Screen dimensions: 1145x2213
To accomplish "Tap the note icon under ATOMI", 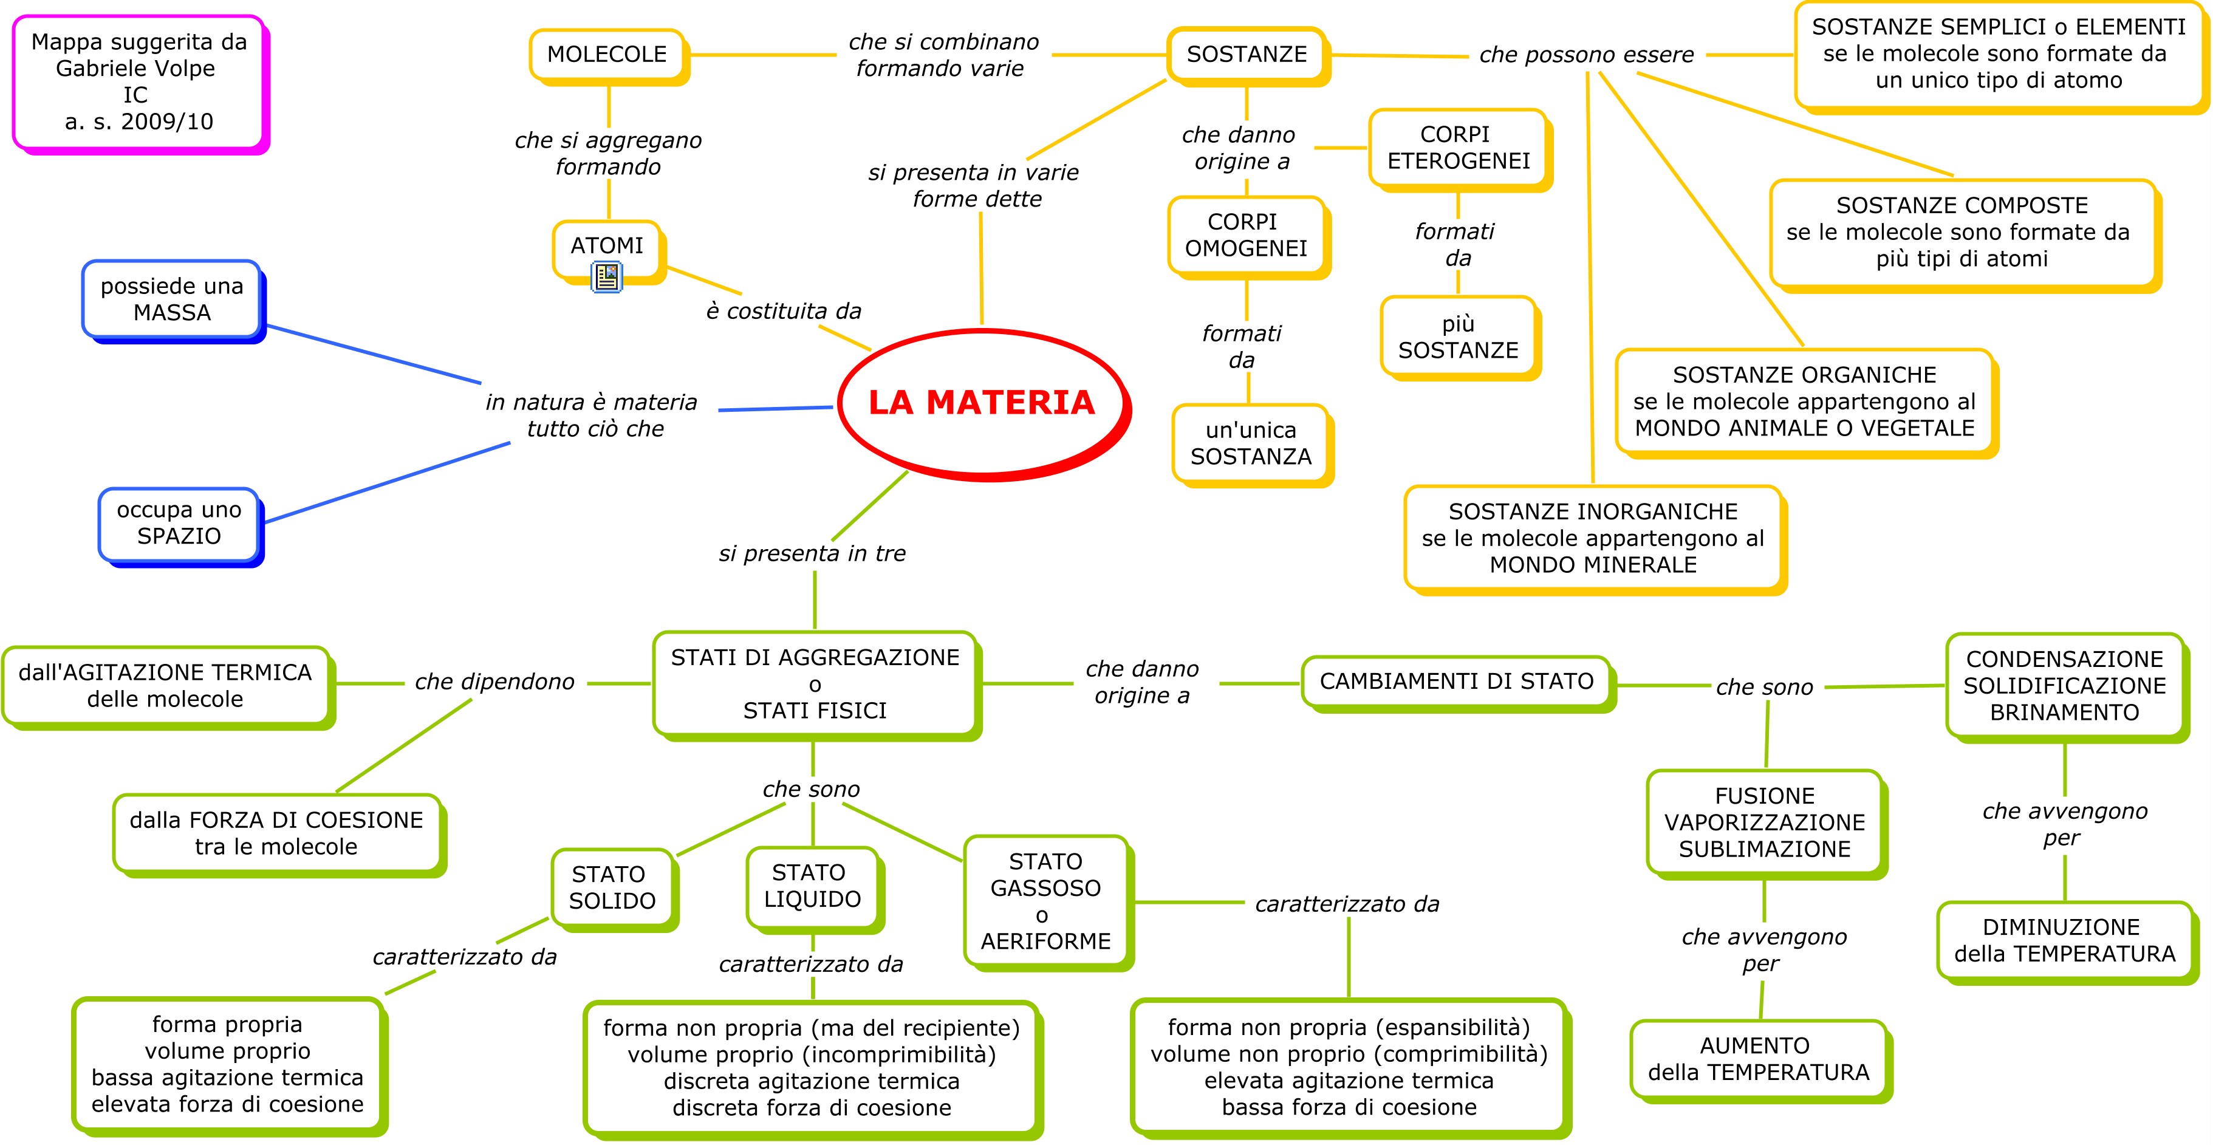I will click(606, 276).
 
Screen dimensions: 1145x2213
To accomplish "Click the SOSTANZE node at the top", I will click(1247, 54).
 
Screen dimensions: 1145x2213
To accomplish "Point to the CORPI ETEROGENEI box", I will click(1458, 148).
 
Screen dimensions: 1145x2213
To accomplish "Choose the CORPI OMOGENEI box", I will click(1246, 235).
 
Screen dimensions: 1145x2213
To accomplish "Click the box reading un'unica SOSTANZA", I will click(1251, 443).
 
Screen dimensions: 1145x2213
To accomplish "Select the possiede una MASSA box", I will click(172, 299).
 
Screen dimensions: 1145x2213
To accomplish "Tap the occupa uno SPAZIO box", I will click(179, 523).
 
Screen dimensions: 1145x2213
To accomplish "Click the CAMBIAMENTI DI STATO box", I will click(1456, 682).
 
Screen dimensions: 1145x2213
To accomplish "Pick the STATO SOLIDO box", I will click(612, 887).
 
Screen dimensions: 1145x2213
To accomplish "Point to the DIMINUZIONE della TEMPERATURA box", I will click(2064, 940).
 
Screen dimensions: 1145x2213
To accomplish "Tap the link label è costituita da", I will click(784, 311).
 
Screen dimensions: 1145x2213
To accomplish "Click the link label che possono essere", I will click(1586, 55).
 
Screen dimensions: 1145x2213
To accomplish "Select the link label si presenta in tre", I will click(812, 554).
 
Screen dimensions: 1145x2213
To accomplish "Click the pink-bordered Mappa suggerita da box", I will click(139, 81).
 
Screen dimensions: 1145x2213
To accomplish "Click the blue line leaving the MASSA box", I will click(374, 354).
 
